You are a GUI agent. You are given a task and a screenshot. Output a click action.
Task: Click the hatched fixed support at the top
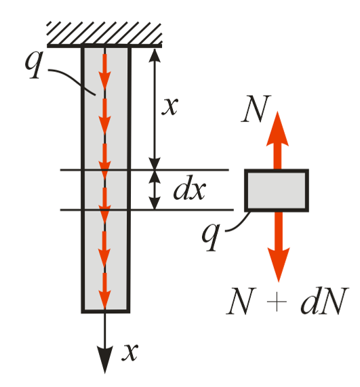tap(104, 35)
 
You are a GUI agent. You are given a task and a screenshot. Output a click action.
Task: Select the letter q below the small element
tap(211, 237)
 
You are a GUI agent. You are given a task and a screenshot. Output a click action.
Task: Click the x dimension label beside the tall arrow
tap(169, 106)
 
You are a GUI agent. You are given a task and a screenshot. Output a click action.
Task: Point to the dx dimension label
tap(190, 188)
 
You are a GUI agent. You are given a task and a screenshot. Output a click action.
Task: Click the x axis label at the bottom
tap(129, 352)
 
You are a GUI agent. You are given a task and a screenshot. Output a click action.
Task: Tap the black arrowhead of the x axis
tap(104, 359)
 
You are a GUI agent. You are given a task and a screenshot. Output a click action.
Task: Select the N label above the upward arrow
tap(256, 108)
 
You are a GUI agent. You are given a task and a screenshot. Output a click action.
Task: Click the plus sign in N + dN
tap(277, 302)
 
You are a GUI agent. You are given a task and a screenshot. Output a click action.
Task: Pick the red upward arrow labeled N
tap(277, 140)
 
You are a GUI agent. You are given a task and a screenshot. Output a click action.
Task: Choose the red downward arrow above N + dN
tap(279, 247)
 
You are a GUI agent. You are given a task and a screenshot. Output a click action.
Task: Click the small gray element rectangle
tap(277, 190)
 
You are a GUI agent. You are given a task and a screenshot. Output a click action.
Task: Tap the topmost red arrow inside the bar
tap(104, 72)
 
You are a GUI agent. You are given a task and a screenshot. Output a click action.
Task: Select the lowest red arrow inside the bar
tap(104, 291)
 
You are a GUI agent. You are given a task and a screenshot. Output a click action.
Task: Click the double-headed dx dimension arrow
tap(155, 190)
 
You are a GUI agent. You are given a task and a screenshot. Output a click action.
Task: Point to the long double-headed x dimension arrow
tap(155, 109)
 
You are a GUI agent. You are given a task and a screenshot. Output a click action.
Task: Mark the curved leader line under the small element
tap(238, 224)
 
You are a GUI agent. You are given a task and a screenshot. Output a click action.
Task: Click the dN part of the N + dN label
tap(325, 301)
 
